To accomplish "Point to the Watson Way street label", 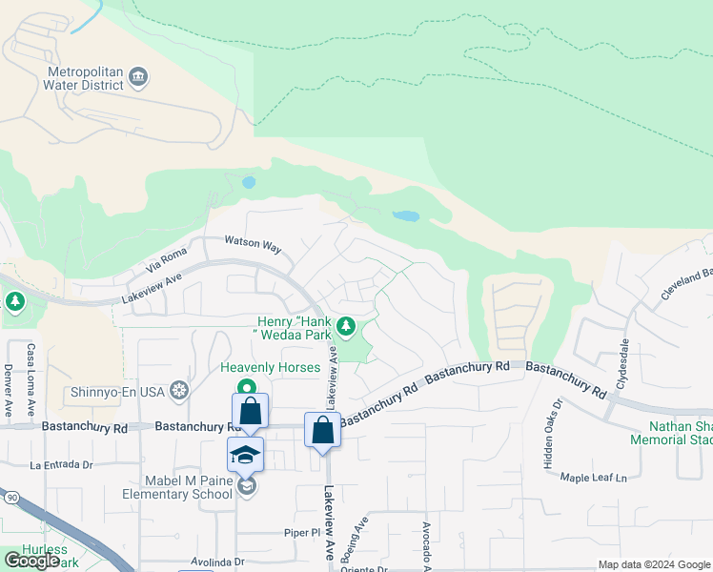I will pyautogui.click(x=253, y=245).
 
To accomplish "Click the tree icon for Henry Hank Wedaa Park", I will pyautogui.click(x=346, y=327).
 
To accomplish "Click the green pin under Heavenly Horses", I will pyautogui.click(x=247, y=387).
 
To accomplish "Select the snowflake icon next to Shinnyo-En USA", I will pyautogui.click(x=178, y=390).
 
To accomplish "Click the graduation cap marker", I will pyautogui.click(x=245, y=455).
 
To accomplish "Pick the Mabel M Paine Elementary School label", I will pyautogui.click(x=177, y=487).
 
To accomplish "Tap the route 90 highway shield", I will pyautogui.click(x=10, y=498).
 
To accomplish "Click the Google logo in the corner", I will pyautogui.click(x=32, y=561).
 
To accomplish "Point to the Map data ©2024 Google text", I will pyautogui.click(x=653, y=564).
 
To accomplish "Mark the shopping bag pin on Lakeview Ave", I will pyautogui.click(x=323, y=430).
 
